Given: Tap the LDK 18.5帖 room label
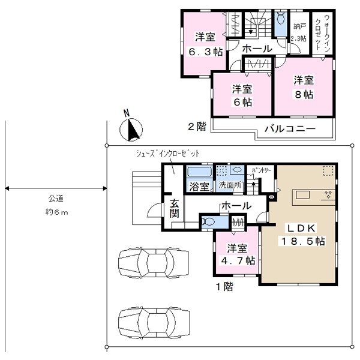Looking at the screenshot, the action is tap(302, 235).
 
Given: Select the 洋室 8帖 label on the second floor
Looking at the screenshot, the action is tap(304, 87).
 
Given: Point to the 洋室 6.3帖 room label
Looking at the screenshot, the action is tap(205, 44).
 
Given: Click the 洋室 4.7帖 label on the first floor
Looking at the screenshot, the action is tap(238, 254).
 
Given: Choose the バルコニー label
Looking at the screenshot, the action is tap(290, 128).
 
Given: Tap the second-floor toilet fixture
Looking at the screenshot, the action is tap(281, 18).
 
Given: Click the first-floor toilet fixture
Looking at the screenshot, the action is tap(208, 221).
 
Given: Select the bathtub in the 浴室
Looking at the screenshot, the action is tap(200, 172).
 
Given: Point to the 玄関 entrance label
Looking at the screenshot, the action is tap(174, 208).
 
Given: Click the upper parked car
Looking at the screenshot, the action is tap(154, 262).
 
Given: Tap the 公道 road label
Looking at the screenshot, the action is tap(56, 198).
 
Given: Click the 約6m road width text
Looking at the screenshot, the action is tap(56, 212).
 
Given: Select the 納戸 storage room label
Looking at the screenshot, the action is tap(299, 26).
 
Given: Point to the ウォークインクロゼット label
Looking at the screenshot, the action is tap(323, 32).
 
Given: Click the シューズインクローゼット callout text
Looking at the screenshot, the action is tap(167, 154).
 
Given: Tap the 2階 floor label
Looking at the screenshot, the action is tap(197, 127).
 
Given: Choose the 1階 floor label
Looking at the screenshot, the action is tap(224, 287).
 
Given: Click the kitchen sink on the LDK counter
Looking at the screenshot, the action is tap(302, 195).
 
